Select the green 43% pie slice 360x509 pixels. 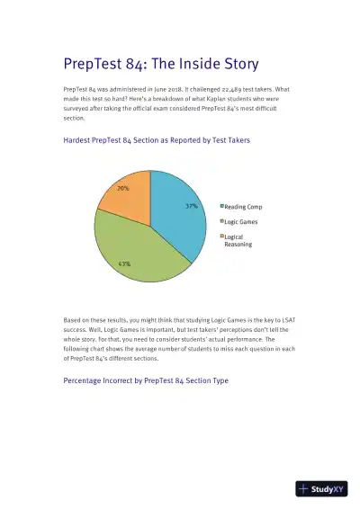click(135, 247)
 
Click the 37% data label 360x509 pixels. click(191, 206)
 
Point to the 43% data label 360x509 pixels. click(124, 263)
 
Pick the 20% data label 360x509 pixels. click(123, 189)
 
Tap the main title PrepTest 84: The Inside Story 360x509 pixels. click(161, 64)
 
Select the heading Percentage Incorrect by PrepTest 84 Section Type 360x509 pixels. click(146, 381)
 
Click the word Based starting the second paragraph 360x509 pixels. click(73, 319)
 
